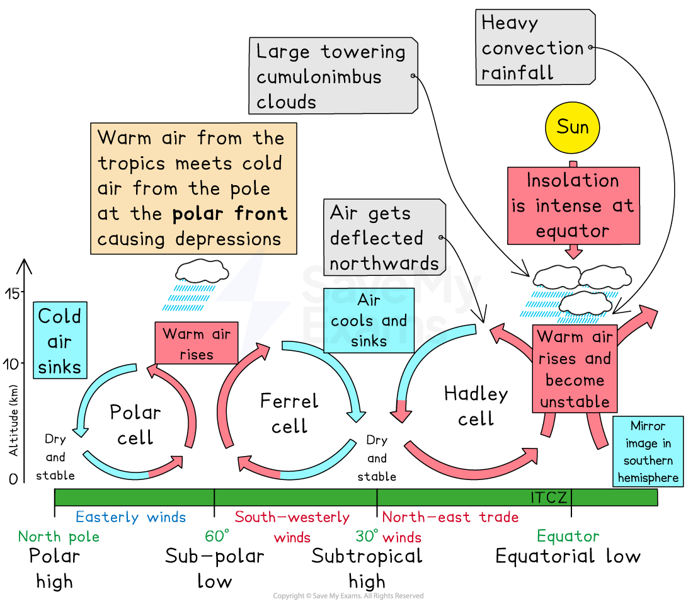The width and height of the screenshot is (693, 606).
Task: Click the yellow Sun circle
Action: coord(572,127)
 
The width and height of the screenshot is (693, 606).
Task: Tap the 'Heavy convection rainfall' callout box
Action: coord(534,47)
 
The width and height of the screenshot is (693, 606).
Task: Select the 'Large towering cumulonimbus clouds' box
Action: coord(333,76)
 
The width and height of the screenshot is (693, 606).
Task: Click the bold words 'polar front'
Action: coord(230,214)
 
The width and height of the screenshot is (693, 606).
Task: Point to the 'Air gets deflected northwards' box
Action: coord(384,237)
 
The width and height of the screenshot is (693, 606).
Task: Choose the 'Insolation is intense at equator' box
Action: coord(573,205)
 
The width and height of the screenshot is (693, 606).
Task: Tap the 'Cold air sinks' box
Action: coord(60,341)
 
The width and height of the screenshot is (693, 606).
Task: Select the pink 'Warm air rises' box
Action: coord(197,343)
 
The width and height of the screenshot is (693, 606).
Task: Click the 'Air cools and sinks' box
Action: coord(369,321)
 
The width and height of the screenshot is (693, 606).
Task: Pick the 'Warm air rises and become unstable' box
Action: coord(575,369)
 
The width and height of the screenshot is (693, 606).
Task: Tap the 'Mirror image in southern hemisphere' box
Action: coord(648,452)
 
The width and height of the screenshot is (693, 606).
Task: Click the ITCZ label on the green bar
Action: coord(549,498)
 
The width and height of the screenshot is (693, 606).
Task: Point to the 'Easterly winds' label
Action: coord(131,517)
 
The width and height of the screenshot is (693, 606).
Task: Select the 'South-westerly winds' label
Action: coord(292,527)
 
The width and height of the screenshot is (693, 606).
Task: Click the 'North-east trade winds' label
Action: coord(450,527)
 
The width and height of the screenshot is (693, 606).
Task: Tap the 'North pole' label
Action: coord(59,537)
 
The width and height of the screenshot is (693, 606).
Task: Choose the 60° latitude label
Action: coord(217,537)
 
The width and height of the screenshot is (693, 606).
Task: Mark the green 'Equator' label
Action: coord(568,537)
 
